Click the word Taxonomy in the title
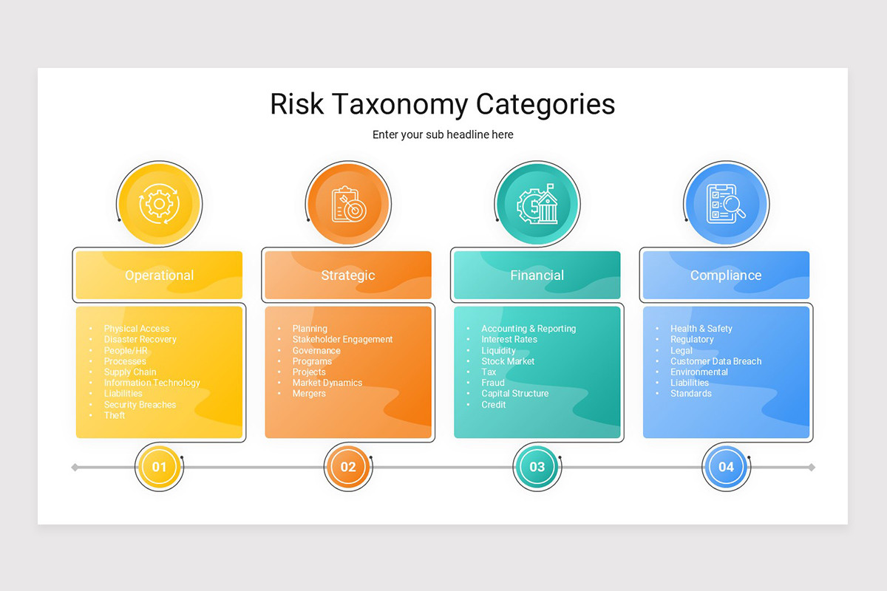click(x=398, y=105)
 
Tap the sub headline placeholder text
click(x=443, y=134)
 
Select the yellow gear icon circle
click(x=159, y=203)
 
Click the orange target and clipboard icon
click(x=348, y=203)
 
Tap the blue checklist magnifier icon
click(x=726, y=203)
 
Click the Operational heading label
click(x=159, y=276)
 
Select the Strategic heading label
click(x=348, y=276)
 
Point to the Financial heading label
click(x=537, y=276)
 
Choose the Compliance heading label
click(x=726, y=276)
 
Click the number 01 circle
click(x=159, y=467)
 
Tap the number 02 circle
click(x=348, y=467)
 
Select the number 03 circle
click(x=537, y=467)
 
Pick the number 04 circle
click(x=726, y=467)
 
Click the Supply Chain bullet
click(x=130, y=372)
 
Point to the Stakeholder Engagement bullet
click(x=342, y=340)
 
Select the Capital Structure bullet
click(x=514, y=394)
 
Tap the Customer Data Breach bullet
click(x=716, y=361)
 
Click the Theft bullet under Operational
click(x=115, y=415)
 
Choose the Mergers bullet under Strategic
click(x=309, y=394)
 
